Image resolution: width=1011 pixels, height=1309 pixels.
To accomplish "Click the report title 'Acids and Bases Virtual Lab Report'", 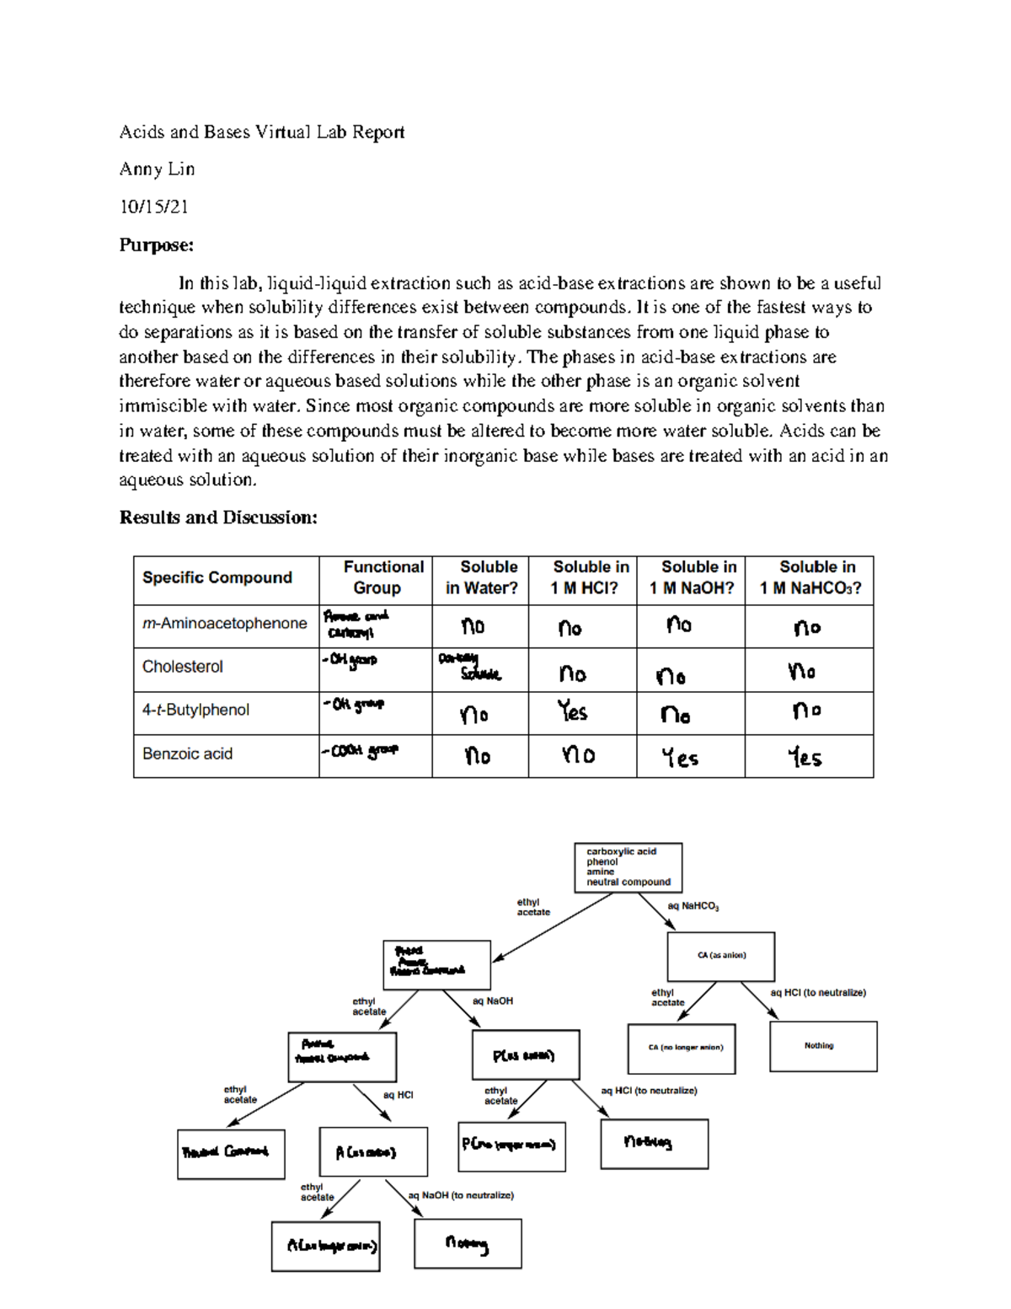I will pyautogui.click(x=261, y=132).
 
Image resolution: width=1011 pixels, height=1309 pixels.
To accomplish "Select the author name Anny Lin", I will pyautogui.click(x=157, y=169).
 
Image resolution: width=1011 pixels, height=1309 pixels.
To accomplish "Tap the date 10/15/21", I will pyautogui.click(x=153, y=207).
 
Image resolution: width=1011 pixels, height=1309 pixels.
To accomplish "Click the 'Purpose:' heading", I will pyautogui.click(x=156, y=245).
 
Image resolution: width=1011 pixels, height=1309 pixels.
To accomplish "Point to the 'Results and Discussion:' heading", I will pyautogui.click(x=218, y=518).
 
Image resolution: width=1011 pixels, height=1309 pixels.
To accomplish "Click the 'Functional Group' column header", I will pyautogui.click(x=376, y=578).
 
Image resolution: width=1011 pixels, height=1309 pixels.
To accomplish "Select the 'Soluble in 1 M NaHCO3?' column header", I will pyautogui.click(x=810, y=578).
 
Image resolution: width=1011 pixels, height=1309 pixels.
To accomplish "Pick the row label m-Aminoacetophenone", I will pyautogui.click(x=224, y=624).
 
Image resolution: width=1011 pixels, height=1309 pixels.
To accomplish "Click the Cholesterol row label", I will pyautogui.click(x=183, y=667).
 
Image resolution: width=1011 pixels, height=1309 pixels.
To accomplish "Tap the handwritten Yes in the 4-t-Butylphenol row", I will pyautogui.click(x=573, y=713).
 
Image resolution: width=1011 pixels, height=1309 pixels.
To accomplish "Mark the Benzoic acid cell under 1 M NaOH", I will pyautogui.click(x=680, y=758).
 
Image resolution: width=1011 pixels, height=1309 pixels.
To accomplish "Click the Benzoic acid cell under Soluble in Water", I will pyautogui.click(x=478, y=756).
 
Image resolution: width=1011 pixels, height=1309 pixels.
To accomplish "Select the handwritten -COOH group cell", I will pyautogui.click(x=361, y=750).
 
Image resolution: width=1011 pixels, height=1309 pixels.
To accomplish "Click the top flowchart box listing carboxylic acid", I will pyautogui.click(x=628, y=867).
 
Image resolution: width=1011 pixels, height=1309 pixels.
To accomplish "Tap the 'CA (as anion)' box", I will pyautogui.click(x=721, y=956).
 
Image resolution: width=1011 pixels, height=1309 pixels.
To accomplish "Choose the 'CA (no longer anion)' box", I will pyautogui.click(x=681, y=1048).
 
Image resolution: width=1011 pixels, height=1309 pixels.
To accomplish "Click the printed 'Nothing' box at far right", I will pyautogui.click(x=823, y=1046).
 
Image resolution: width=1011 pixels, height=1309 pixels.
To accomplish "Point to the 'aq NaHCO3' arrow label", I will pyautogui.click(x=693, y=907).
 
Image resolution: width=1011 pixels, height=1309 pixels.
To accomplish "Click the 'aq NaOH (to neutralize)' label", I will pyautogui.click(x=460, y=1195).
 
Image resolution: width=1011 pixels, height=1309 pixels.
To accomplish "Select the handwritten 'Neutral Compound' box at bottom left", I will pyautogui.click(x=230, y=1152).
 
